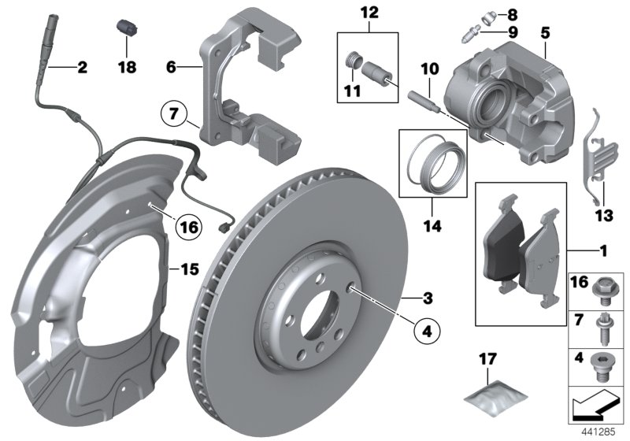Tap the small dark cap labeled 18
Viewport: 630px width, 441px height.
[x=125, y=25]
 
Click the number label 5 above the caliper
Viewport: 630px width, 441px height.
[x=545, y=33]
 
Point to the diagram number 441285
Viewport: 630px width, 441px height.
[x=602, y=431]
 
